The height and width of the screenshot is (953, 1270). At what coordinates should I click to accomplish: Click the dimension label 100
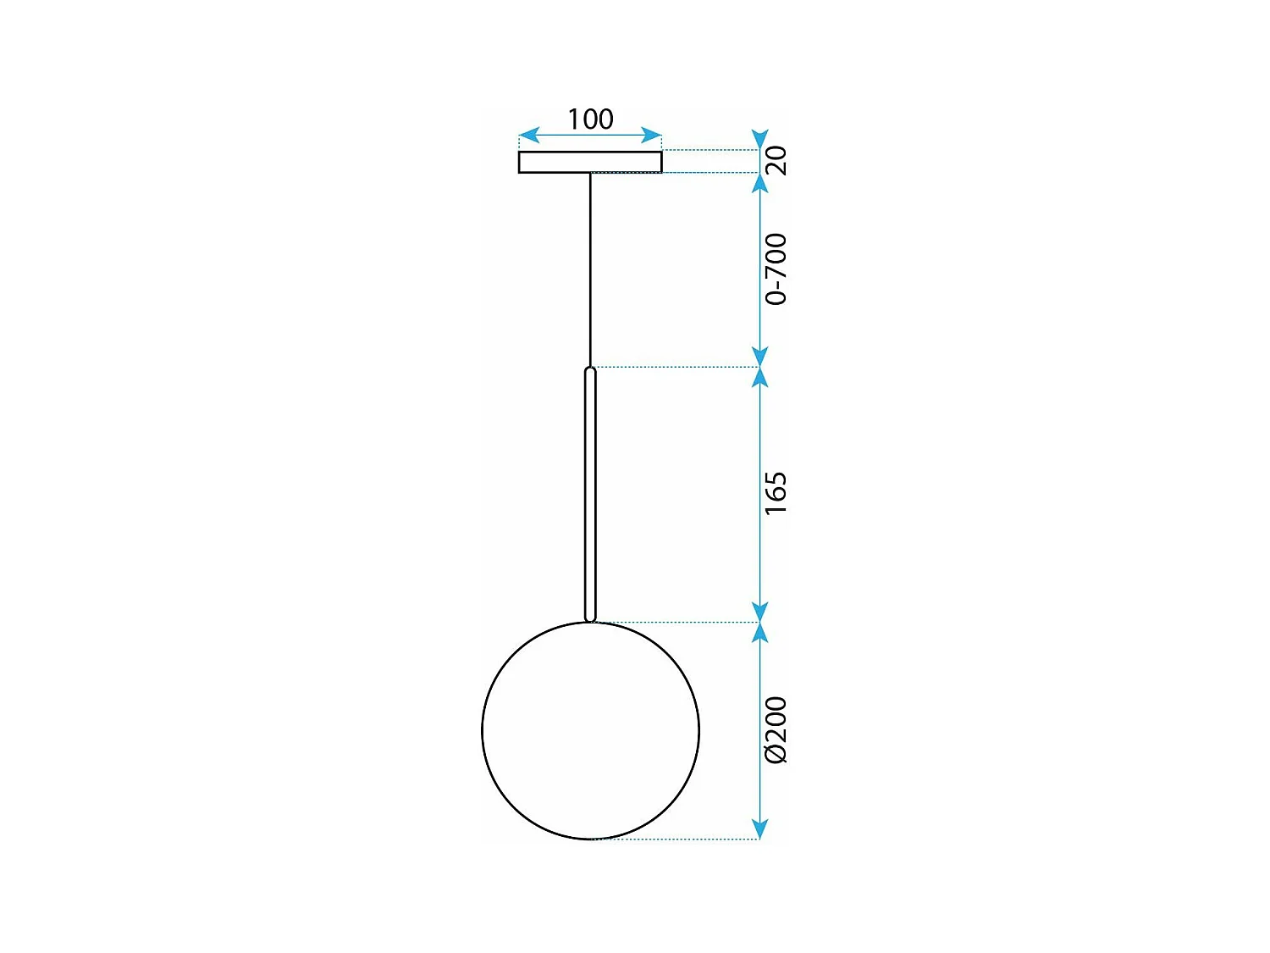pyautogui.click(x=590, y=119)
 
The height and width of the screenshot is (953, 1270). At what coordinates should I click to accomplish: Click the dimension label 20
pyautogui.click(x=776, y=160)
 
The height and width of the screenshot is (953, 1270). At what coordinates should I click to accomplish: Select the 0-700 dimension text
pyautogui.click(x=776, y=269)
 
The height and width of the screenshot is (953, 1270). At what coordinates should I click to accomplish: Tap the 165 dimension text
pyautogui.click(x=776, y=493)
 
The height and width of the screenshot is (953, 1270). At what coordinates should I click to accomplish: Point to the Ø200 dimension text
pyautogui.click(x=776, y=730)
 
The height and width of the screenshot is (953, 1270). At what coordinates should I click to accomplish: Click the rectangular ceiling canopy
pyautogui.click(x=590, y=162)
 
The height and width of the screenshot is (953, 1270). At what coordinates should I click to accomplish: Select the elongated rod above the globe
pyautogui.click(x=590, y=496)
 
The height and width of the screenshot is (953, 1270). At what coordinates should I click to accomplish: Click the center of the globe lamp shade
pyautogui.click(x=590, y=730)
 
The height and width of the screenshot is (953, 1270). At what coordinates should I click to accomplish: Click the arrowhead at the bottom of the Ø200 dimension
pyautogui.click(x=760, y=829)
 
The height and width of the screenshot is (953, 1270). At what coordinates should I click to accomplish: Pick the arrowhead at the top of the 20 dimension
pyautogui.click(x=760, y=140)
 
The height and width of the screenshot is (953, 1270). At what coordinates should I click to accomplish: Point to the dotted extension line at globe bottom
pyautogui.click(x=677, y=839)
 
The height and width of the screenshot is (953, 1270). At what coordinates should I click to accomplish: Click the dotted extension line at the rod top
pyautogui.click(x=677, y=367)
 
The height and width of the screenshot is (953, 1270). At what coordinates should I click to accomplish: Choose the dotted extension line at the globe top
pyautogui.click(x=677, y=622)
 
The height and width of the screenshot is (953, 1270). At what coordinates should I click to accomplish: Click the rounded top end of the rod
pyautogui.click(x=590, y=371)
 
